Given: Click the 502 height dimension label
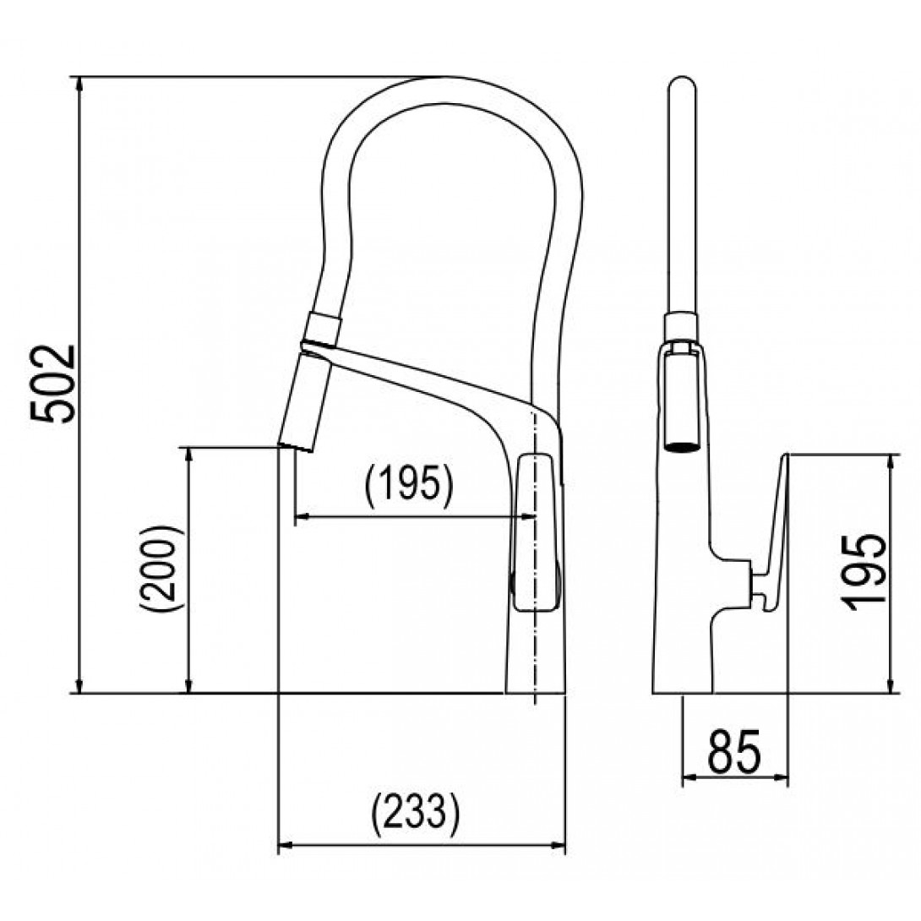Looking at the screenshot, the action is [53, 384].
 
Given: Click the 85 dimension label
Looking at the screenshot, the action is [734, 751].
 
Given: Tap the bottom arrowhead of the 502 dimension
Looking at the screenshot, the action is [79, 685].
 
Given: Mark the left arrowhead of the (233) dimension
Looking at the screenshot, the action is [286, 847].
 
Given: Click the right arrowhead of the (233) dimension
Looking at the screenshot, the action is [557, 847].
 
